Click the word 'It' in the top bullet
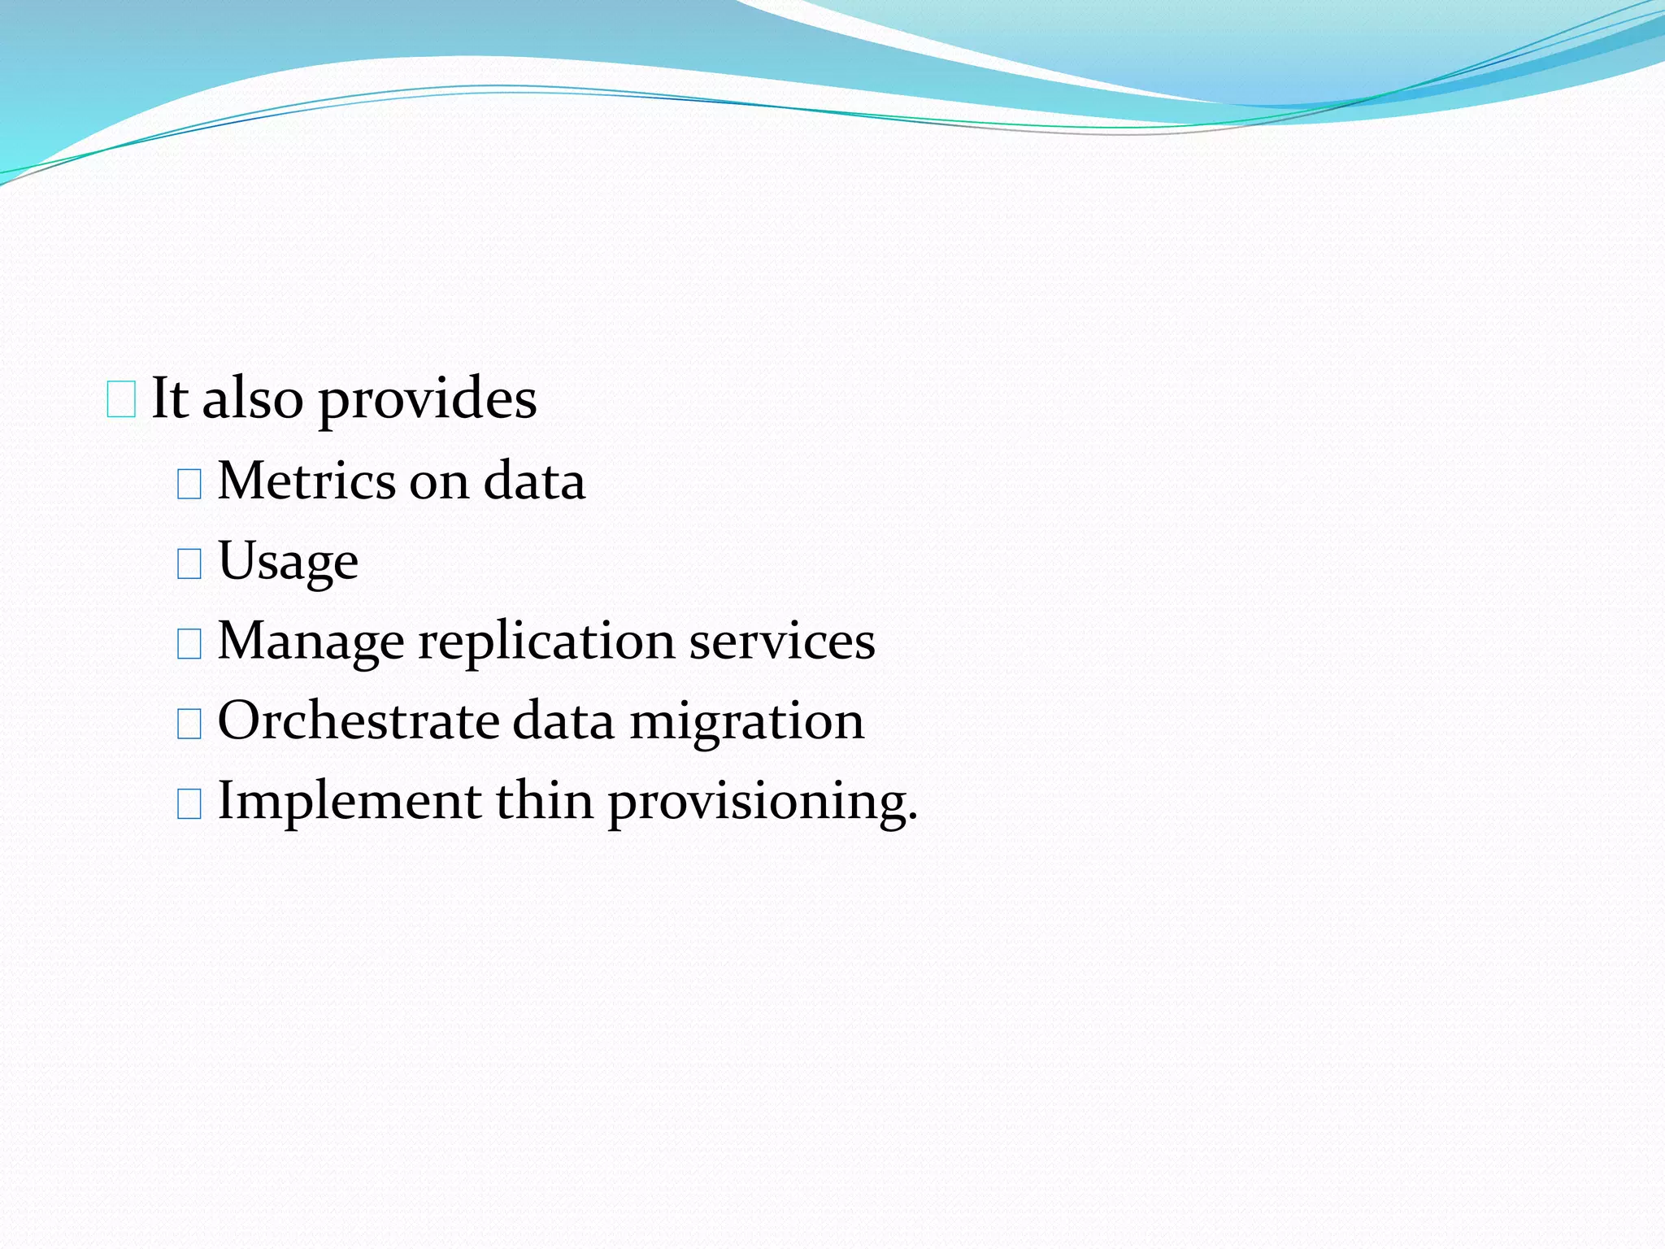click(x=170, y=398)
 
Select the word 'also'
click(x=252, y=398)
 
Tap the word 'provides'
click(x=427, y=400)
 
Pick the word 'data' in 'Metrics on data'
click(x=534, y=481)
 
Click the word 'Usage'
click(x=288, y=562)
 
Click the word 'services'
click(x=782, y=641)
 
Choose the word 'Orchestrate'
click(x=359, y=720)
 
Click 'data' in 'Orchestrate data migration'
click(x=563, y=720)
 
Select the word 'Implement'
click(x=350, y=801)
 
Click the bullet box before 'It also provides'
click(x=121, y=400)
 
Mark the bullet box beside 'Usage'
click(x=189, y=563)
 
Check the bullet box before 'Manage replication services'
click(x=189, y=643)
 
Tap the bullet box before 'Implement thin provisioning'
click(x=189, y=803)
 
